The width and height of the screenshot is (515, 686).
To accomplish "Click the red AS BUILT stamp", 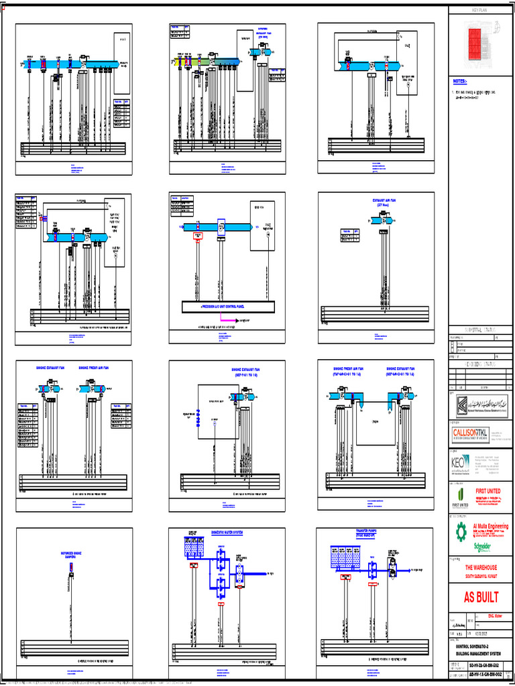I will click(481, 598).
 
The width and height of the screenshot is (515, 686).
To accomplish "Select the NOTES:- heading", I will click(463, 80).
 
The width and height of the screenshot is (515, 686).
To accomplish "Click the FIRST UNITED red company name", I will click(488, 491).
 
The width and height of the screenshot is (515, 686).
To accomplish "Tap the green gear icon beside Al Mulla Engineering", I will click(461, 532).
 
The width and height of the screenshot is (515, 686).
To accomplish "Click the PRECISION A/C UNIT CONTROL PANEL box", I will click(228, 307).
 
